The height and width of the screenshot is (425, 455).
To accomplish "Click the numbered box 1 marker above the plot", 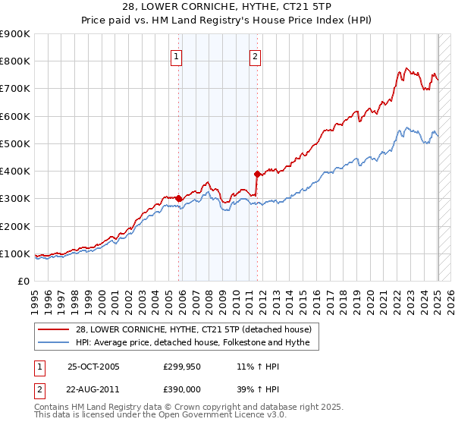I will click(176, 55).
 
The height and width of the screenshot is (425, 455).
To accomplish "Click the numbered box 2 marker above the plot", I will click(255, 55).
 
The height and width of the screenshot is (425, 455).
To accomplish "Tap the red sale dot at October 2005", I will click(179, 199).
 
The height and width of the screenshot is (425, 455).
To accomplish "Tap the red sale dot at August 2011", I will click(258, 174).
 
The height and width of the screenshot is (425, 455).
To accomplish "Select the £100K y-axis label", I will click(15, 253).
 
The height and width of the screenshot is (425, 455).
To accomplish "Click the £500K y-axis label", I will click(15, 143).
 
